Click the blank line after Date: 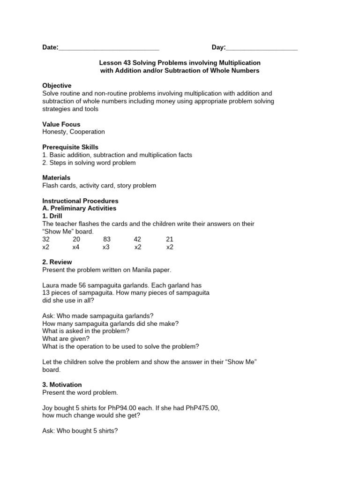[109, 48]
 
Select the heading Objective [57, 86]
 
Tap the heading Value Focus [61, 124]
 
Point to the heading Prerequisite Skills [70, 147]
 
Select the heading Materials [56, 178]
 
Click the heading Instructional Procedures [80, 201]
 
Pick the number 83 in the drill [107, 239]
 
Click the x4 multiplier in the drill [76, 247]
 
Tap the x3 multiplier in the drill [106, 247]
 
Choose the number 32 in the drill [46, 239]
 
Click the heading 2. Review [57, 262]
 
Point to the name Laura [51, 285]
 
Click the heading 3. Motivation [62, 384]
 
